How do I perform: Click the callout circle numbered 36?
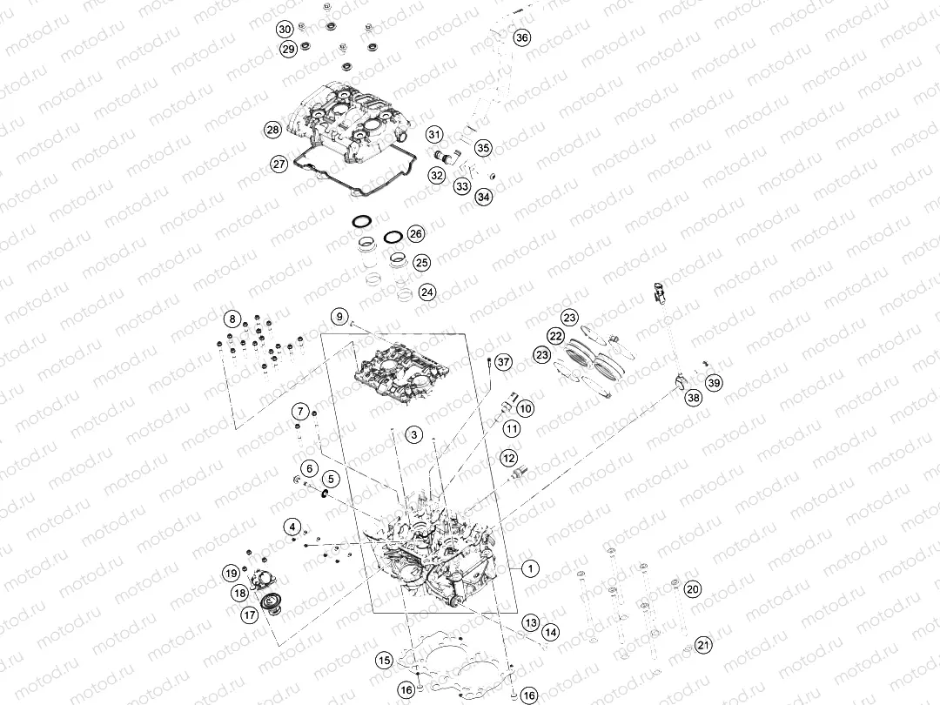pos(521,37)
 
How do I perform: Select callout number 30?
pos(285,29)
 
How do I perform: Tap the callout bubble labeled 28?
pos(272,130)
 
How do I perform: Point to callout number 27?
pos(279,164)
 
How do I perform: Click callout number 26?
pos(416,234)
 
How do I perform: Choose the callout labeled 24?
pos(426,292)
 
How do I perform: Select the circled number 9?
pos(339,316)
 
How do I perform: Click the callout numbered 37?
pos(502,363)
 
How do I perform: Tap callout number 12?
pos(508,458)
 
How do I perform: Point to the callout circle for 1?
pos(529,568)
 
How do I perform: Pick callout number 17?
pos(249,614)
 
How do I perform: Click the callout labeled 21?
pos(702,645)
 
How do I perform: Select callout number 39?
pos(714,382)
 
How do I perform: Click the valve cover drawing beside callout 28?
pos(348,122)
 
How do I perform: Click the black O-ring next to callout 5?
pos(324,494)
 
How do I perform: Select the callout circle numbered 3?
pos(414,434)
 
